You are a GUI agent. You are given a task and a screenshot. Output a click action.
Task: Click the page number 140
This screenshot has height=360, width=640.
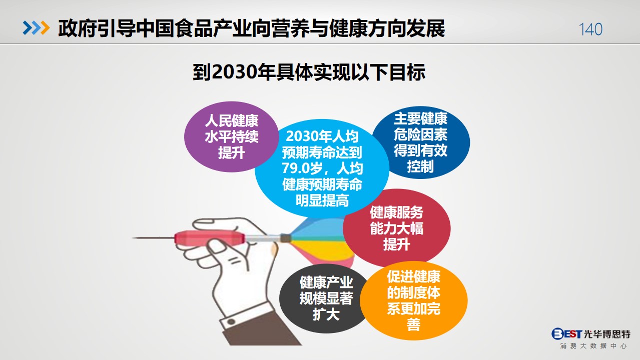590,29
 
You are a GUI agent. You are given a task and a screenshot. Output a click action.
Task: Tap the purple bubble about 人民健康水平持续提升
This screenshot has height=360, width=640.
231,136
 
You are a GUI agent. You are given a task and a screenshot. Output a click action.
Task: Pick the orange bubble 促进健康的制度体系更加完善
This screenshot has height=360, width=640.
414,300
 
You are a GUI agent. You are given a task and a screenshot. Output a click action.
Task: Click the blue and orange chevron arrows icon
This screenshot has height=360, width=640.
36,28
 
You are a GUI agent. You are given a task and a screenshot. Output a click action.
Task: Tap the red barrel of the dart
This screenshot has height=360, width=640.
209,238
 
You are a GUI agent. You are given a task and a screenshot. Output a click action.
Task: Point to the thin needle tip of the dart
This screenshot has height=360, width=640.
133,237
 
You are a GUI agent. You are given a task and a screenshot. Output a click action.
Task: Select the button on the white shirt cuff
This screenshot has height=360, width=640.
231,321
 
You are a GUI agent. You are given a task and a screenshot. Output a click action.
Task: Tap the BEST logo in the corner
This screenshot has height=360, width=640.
566,333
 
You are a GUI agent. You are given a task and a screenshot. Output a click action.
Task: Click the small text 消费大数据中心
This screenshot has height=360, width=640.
593,346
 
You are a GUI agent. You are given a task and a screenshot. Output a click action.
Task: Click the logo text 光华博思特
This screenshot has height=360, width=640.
607,333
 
